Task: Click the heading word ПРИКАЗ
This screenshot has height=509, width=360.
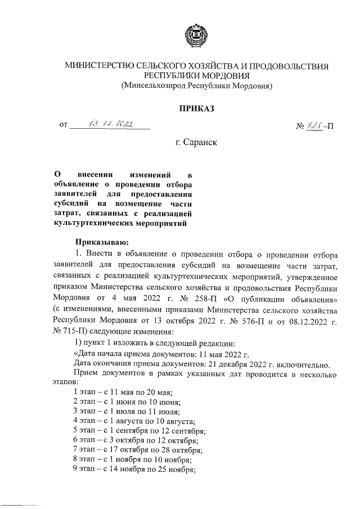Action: (196, 108)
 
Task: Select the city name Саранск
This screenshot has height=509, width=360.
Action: (196, 143)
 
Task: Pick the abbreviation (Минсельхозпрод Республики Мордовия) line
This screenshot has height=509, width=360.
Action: (196, 86)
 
